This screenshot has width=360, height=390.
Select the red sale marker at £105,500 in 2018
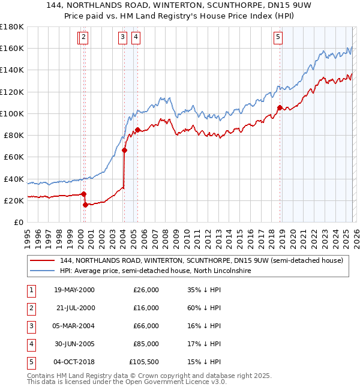click(x=280, y=108)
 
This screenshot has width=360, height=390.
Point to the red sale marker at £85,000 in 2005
click(x=138, y=130)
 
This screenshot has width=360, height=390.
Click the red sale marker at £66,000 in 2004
click(x=125, y=151)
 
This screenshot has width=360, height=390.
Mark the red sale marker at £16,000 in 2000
click(x=85, y=205)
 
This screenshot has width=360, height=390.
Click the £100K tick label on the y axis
click(x=12, y=113)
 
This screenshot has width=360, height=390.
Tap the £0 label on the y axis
click(x=18, y=222)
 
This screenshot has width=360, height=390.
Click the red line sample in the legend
click(x=41, y=260)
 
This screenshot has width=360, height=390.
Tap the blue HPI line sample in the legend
click(x=41, y=271)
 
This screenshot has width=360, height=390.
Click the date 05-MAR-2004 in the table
click(x=74, y=326)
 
